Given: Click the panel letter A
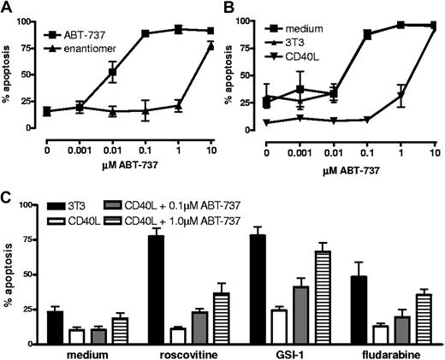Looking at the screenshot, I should pos(7,9).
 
